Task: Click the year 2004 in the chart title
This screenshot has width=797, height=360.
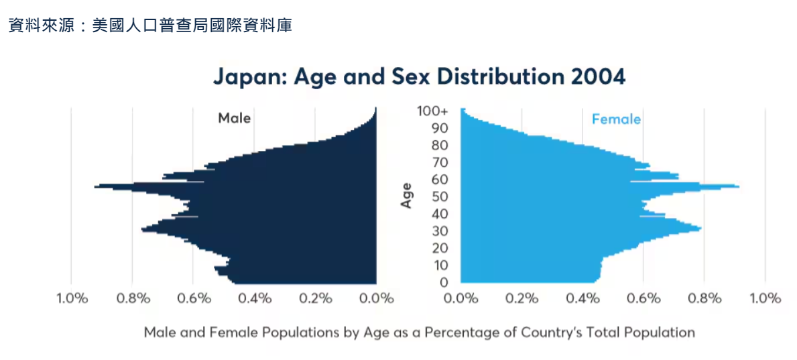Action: (x=598, y=76)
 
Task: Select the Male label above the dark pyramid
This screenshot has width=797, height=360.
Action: (x=234, y=119)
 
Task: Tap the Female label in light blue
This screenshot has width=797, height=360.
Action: (x=616, y=119)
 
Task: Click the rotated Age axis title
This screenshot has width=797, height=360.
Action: (x=406, y=196)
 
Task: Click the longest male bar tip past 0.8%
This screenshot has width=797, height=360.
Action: (x=97, y=186)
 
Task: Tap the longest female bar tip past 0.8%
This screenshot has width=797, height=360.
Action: (x=738, y=186)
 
